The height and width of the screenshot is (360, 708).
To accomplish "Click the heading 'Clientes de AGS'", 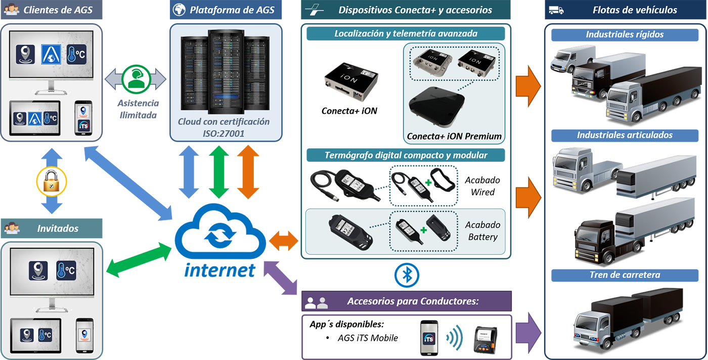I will click(x=58, y=10).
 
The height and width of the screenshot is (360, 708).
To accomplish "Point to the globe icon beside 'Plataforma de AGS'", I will click(x=179, y=10).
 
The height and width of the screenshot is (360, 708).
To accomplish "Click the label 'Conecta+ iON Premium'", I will click(x=454, y=136).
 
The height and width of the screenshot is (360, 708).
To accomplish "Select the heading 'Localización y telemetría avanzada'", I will click(x=406, y=34).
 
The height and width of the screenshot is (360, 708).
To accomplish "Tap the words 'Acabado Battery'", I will click(x=483, y=231).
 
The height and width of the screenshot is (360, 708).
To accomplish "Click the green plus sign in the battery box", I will click(x=423, y=230).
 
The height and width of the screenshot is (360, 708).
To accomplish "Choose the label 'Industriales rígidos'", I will click(x=625, y=35).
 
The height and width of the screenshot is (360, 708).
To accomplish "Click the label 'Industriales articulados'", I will click(x=625, y=135).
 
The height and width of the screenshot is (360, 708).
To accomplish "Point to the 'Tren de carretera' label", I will click(x=625, y=275).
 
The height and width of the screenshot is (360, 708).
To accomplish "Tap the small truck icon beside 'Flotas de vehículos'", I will click(x=556, y=10).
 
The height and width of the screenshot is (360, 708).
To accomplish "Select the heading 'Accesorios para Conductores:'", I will click(x=413, y=302).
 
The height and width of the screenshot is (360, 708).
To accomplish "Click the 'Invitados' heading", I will click(x=58, y=229).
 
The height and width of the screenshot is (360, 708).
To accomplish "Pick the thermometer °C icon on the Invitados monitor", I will click(x=67, y=271).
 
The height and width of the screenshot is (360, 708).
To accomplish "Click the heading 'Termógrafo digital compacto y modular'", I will click(x=406, y=155).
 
